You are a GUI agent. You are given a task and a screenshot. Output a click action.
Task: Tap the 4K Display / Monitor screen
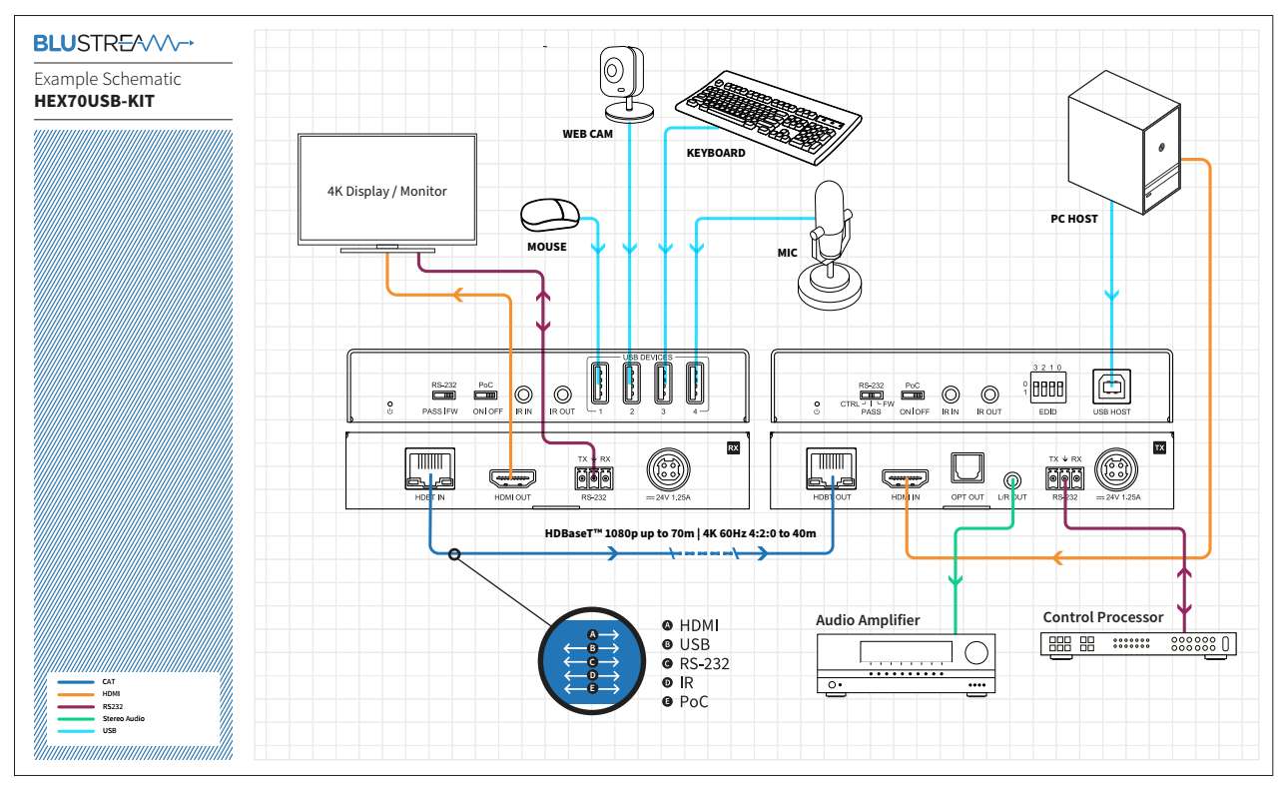tap(387, 191)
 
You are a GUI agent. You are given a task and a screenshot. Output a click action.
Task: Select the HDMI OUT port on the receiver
tap(512, 476)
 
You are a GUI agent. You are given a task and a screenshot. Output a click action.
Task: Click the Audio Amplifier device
tap(907, 665)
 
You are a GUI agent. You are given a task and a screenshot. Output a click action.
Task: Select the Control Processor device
tap(1139, 644)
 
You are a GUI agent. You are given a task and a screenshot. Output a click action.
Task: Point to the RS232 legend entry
tap(112, 706)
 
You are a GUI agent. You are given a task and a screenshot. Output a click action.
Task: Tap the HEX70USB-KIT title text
tap(94, 101)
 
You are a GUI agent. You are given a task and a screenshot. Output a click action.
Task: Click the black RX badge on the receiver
tap(734, 448)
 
